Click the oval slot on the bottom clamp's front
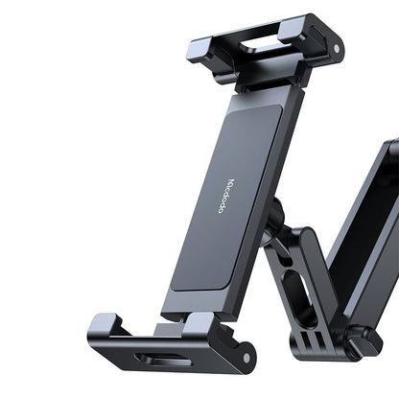(x=153, y=360)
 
